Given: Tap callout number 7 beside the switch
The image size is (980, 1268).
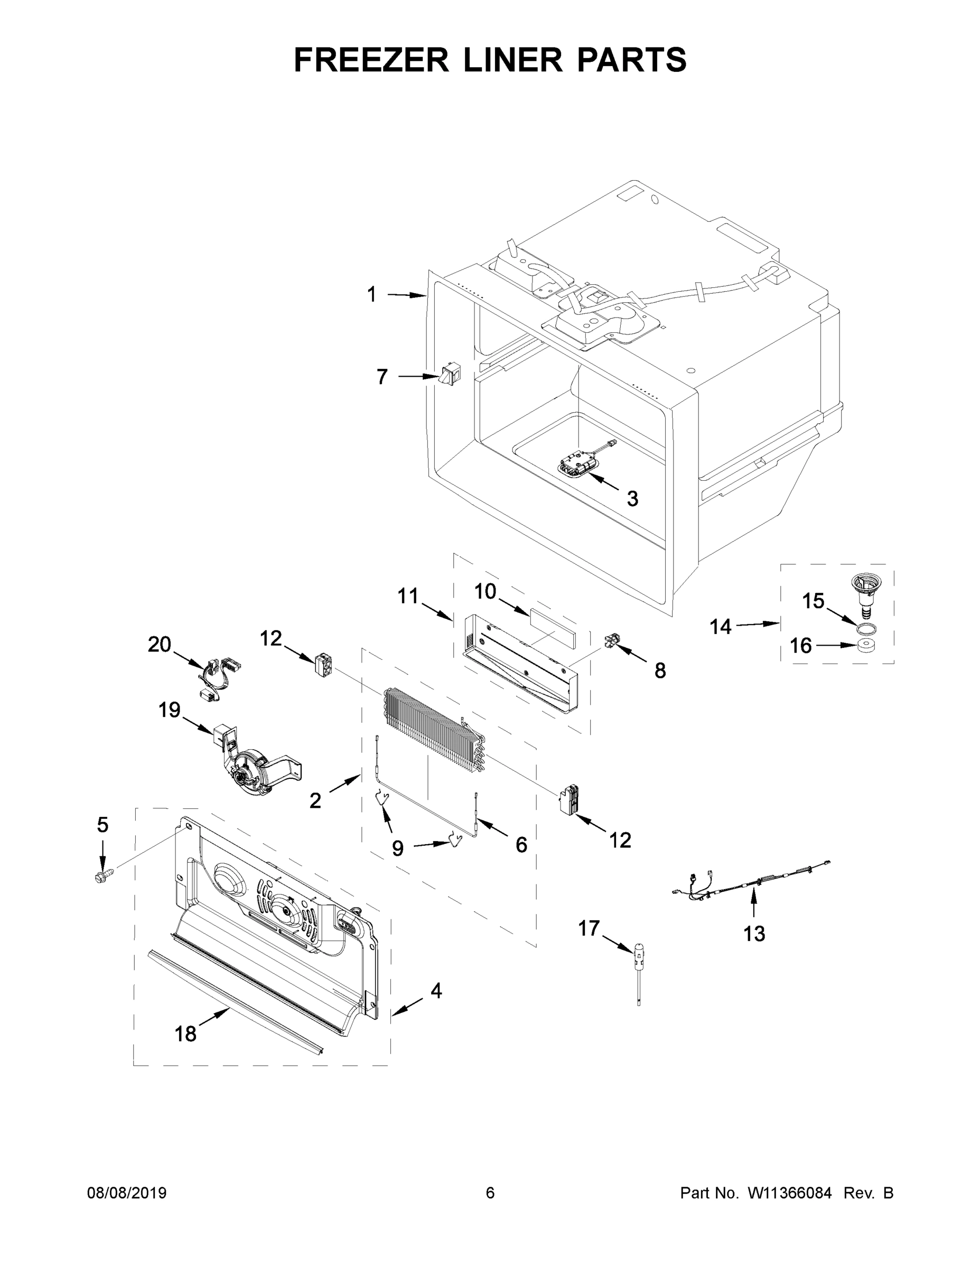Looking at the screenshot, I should (381, 377).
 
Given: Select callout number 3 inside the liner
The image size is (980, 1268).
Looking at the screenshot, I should (632, 498).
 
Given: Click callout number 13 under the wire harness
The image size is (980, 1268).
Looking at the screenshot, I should (754, 934).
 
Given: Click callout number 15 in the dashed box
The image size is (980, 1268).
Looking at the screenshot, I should (813, 601).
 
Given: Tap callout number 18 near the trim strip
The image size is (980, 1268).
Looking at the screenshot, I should (186, 1033).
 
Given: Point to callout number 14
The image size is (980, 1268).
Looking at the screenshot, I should (721, 627).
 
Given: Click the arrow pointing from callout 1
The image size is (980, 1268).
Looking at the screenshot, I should (406, 295).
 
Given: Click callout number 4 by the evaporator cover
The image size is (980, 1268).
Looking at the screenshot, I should (436, 991).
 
